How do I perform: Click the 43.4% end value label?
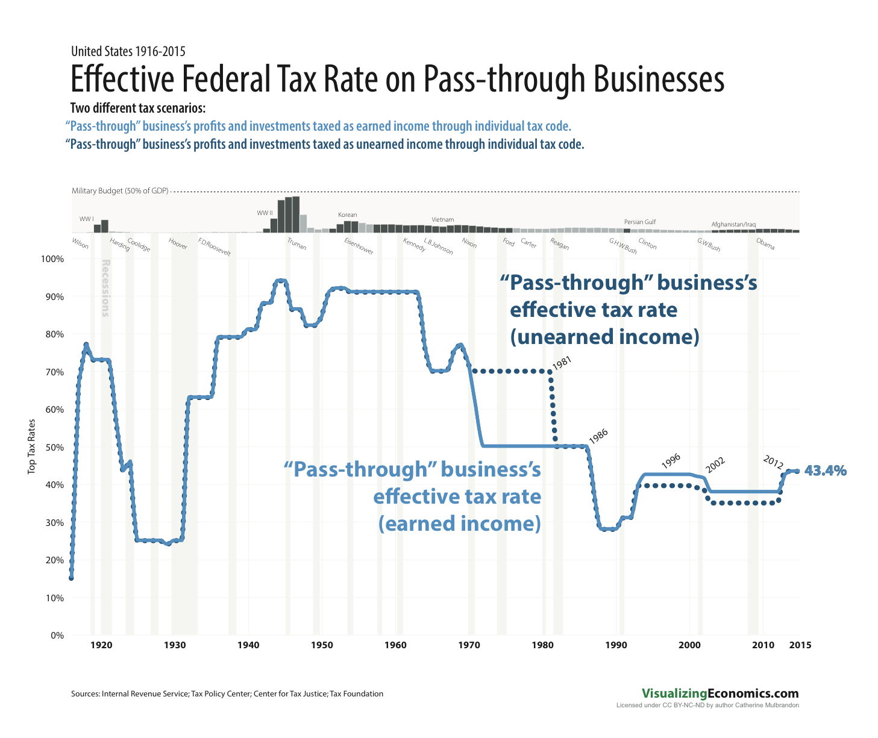(826, 471)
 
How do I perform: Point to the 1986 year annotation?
(598, 437)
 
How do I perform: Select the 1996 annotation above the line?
(671, 461)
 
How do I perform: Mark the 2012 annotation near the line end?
(773, 463)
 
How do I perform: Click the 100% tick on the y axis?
(51, 259)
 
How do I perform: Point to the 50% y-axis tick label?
(53, 447)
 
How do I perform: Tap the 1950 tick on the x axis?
(322, 645)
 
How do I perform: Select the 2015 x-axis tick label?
(800, 645)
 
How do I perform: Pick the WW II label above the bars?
(265, 213)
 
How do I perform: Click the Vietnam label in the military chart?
(443, 219)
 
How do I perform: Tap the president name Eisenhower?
(359, 246)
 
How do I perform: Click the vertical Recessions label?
(105, 288)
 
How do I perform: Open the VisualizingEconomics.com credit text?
(720, 693)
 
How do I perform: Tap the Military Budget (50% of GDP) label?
(120, 191)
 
